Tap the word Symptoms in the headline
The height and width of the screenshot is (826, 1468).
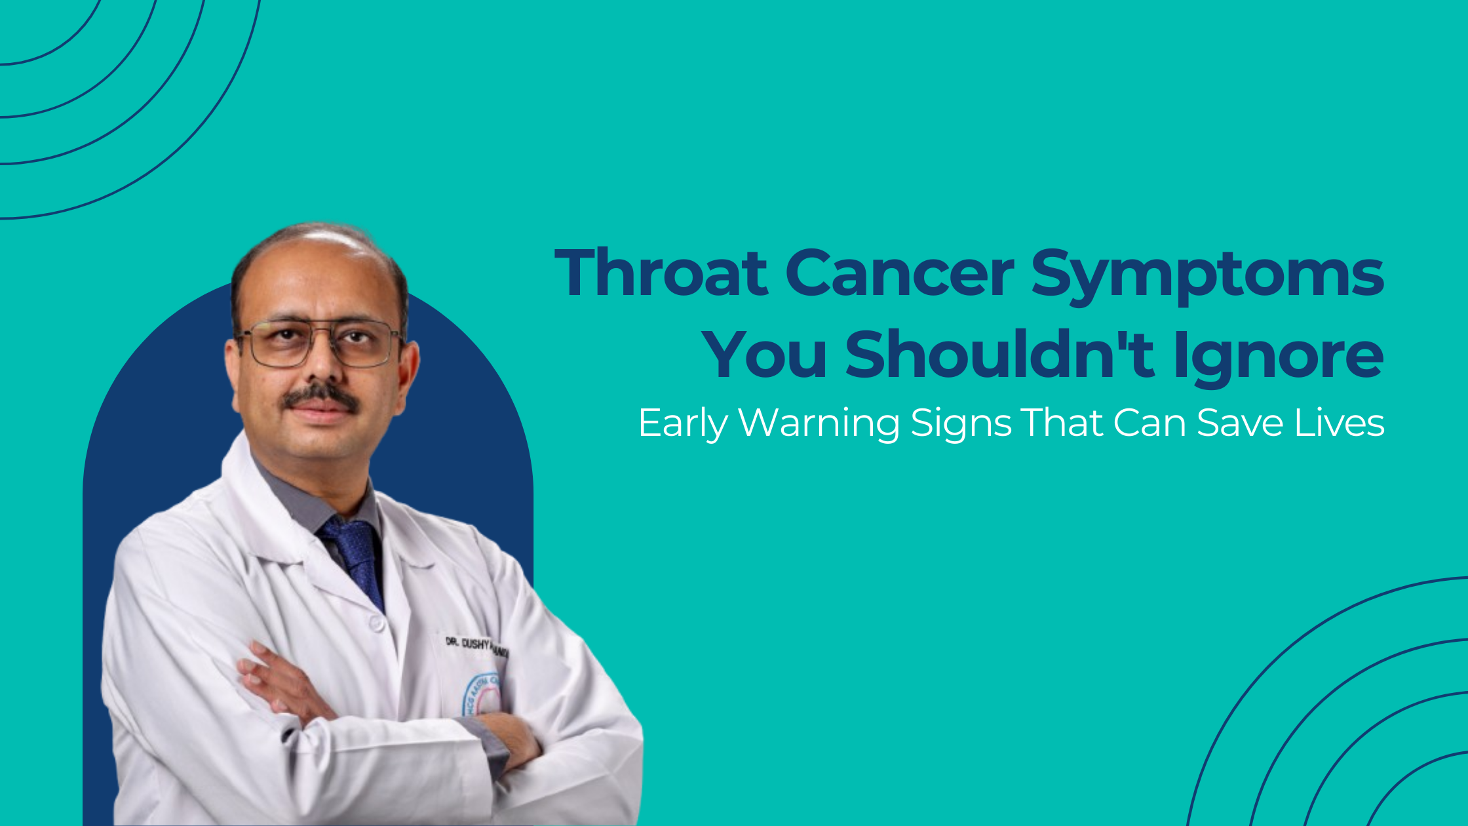click(1207, 275)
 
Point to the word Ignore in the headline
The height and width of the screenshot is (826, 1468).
click(1279, 357)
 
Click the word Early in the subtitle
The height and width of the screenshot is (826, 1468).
click(682, 423)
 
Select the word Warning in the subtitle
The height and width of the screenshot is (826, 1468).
click(819, 423)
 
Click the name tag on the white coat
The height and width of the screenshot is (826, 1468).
click(476, 646)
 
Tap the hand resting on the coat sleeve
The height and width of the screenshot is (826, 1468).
click(275, 682)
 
